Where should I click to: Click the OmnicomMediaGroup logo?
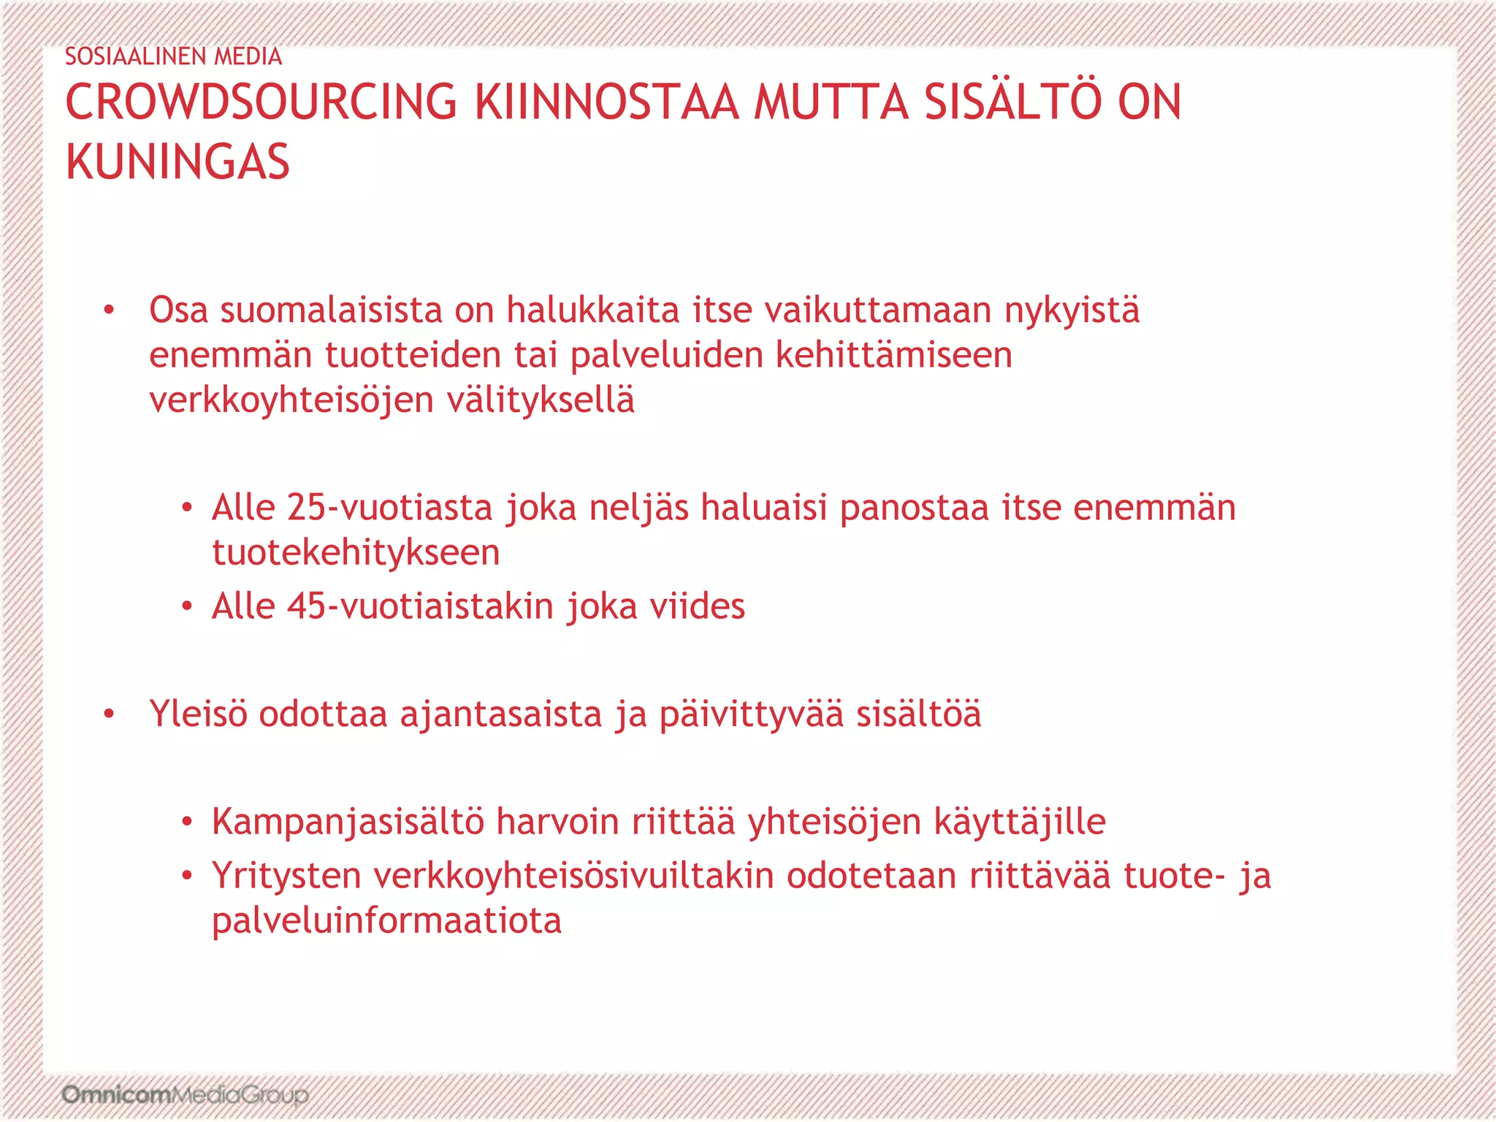tap(185, 1095)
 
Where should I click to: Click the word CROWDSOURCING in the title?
tap(261, 102)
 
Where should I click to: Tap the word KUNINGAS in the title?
tap(178, 162)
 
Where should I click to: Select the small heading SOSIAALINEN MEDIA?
tap(173, 56)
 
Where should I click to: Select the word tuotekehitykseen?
tap(356, 552)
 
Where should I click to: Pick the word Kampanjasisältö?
tap(348, 822)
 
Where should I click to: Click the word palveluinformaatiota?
tap(386, 920)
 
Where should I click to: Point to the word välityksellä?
tap(541, 400)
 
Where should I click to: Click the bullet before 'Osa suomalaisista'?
tap(109, 310)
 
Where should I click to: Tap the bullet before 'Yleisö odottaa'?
tap(109, 714)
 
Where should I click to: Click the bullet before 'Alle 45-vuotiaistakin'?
tap(187, 606)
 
